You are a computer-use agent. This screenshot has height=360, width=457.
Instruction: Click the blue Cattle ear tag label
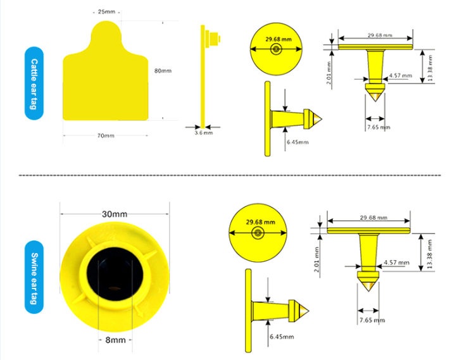click(x=34, y=84)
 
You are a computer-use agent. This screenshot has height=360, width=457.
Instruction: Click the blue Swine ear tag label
click(x=34, y=277)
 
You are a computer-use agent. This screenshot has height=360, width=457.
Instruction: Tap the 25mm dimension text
click(x=106, y=12)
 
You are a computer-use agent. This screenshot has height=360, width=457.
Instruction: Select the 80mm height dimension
click(x=163, y=71)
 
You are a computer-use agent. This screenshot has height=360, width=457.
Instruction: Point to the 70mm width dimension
click(x=106, y=136)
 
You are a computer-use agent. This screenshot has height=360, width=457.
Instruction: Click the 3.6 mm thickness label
click(x=204, y=133)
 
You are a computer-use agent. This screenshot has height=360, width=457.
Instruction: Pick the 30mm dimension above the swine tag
click(x=115, y=214)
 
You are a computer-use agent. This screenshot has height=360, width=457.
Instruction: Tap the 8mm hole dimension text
click(x=115, y=340)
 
